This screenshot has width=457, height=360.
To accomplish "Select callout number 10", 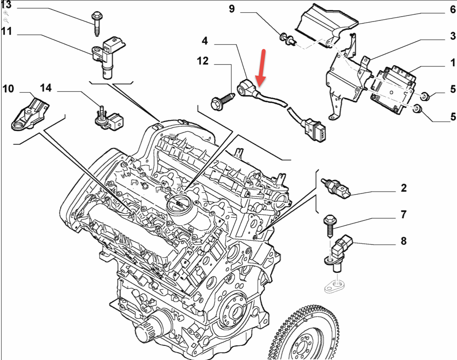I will pos(8,89).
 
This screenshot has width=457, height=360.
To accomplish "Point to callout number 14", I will pos(46,88).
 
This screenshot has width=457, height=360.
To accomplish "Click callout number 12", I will pos(203,61).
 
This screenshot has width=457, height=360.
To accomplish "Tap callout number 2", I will pos(403,188).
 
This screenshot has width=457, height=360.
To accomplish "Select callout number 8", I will pos(403,241).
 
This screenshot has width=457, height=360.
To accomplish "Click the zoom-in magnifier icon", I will pos(6,13).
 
